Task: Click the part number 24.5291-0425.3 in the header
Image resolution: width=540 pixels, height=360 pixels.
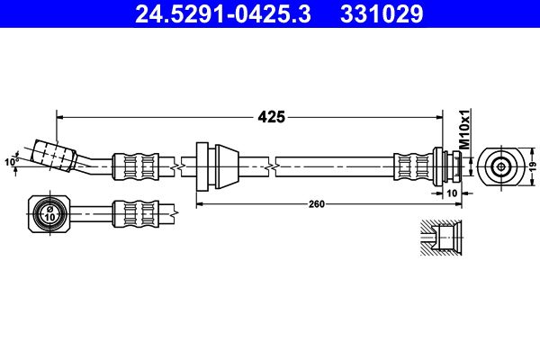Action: pyautogui.click(x=223, y=14)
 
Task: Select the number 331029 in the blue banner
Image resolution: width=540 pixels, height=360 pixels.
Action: pyautogui.click(x=382, y=14)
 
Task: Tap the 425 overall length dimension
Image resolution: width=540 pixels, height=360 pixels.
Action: pyautogui.click(x=272, y=117)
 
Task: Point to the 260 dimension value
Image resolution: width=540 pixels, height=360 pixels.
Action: pyautogui.click(x=317, y=204)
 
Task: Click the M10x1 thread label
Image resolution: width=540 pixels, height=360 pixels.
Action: pyautogui.click(x=465, y=130)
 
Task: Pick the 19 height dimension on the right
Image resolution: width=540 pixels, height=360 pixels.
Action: pyautogui.click(x=533, y=166)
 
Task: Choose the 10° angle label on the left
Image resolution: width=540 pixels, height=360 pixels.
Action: pyautogui.click(x=12, y=162)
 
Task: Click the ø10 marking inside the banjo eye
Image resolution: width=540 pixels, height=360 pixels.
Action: pyautogui.click(x=49, y=214)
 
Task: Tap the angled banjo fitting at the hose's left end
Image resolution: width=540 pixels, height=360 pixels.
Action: pyautogui.click(x=53, y=156)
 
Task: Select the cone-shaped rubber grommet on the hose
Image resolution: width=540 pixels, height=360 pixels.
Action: pyautogui.click(x=227, y=167)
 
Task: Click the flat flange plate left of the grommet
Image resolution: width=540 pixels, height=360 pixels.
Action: pyautogui.click(x=202, y=166)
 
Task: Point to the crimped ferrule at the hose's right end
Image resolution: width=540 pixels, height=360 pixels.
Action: pyautogui.click(x=413, y=166)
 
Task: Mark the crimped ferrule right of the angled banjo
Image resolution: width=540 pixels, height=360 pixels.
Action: pyautogui.click(x=136, y=166)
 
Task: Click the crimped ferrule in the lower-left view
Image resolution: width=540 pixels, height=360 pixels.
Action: pyautogui.click(x=136, y=214)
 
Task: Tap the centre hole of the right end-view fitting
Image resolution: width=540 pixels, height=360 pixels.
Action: pyautogui.click(x=501, y=167)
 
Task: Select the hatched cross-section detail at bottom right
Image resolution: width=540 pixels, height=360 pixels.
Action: pyautogui.click(x=441, y=238)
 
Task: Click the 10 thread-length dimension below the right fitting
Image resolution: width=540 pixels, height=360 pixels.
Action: pyautogui.click(x=452, y=193)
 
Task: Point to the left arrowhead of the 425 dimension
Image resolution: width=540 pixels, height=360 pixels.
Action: pyautogui.click(x=60, y=118)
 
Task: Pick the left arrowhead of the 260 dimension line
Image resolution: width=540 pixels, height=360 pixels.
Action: pyautogui.click(x=200, y=204)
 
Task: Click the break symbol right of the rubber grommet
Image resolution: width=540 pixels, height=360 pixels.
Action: pyautogui.click(x=272, y=167)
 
